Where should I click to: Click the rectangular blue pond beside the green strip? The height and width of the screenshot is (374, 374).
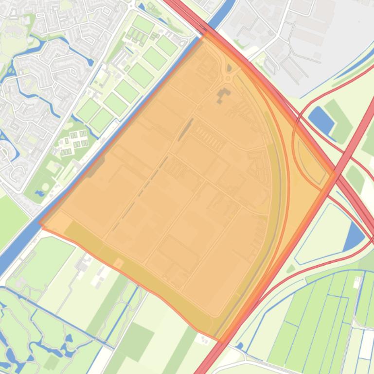pos(321,119)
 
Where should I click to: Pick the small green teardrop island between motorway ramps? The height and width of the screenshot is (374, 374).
pos(291,269)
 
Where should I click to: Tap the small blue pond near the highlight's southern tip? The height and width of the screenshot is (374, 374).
pos(239,346)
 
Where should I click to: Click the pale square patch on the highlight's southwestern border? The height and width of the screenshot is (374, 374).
pos(118,263)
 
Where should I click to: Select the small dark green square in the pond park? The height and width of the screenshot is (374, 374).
pos(51,362)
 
